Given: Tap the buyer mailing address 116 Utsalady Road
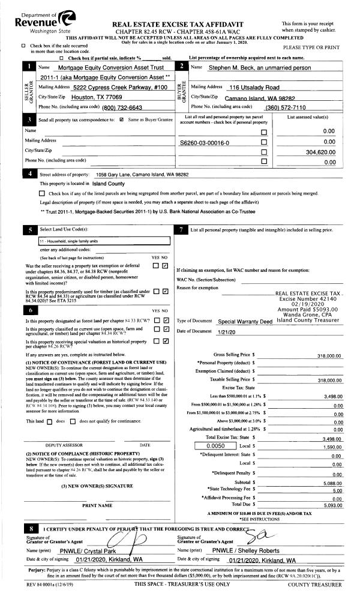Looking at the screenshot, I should (255, 87).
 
